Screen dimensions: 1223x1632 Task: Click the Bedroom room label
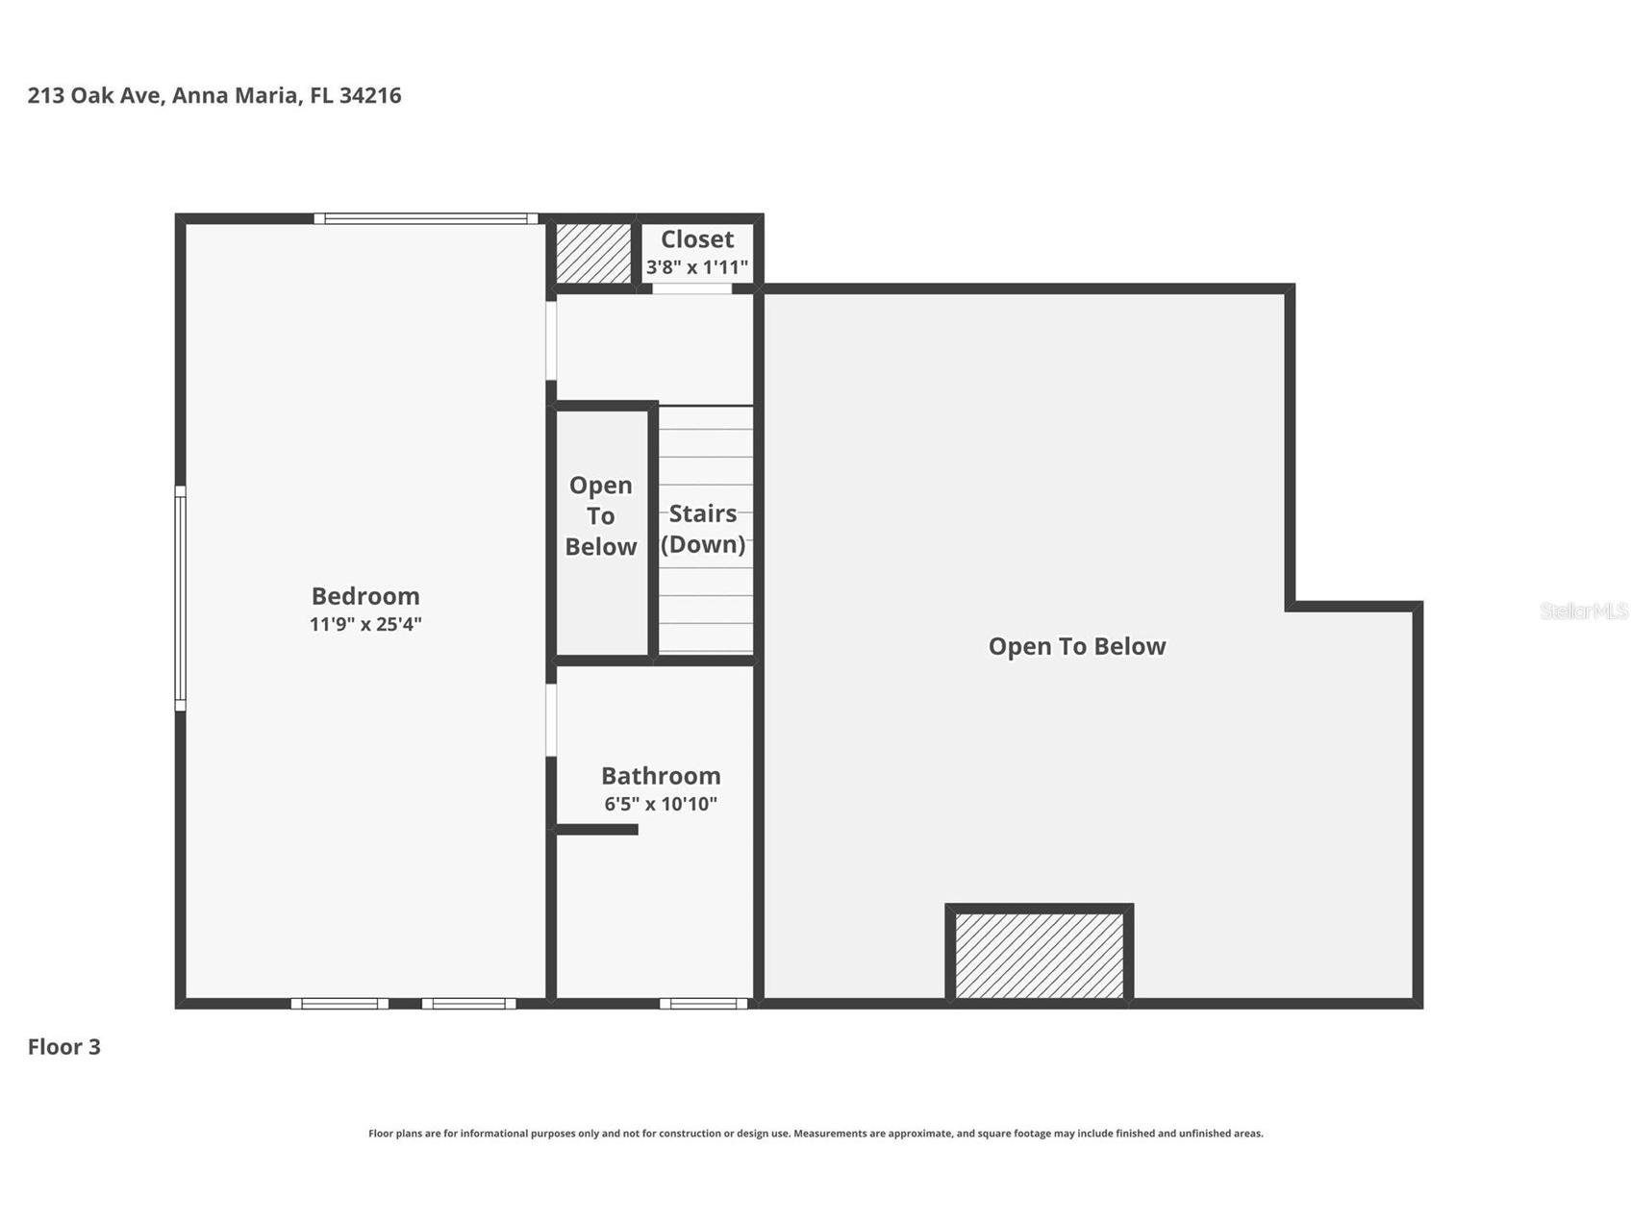click(x=365, y=596)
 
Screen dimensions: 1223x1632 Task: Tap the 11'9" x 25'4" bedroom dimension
click(x=365, y=624)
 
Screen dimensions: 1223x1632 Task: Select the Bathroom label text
click(x=661, y=776)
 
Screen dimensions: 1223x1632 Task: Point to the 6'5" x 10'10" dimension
click(x=661, y=804)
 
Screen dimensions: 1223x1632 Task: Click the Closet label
click(x=697, y=239)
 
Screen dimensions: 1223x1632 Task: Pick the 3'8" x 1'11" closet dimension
click(x=697, y=267)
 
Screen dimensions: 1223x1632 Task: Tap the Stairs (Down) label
click(x=703, y=529)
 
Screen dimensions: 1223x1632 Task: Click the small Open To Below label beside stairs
click(x=601, y=516)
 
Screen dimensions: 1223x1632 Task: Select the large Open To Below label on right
click(x=1077, y=646)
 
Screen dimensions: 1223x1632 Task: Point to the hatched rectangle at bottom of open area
click(x=1040, y=956)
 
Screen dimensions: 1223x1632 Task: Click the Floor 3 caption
click(x=63, y=1047)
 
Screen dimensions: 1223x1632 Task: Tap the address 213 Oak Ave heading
click(x=214, y=95)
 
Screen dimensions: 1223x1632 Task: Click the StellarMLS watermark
click(x=1583, y=611)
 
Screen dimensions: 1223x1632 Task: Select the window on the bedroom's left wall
click(x=180, y=598)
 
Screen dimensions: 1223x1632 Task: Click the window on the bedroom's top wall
click(x=426, y=218)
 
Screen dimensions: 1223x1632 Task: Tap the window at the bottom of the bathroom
click(x=703, y=1004)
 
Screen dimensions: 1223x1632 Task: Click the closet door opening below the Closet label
click(x=692, y=288)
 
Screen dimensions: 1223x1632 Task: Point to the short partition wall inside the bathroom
click(x=596, y=830)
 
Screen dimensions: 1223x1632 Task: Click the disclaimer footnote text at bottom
click(x=816, y=1134)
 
